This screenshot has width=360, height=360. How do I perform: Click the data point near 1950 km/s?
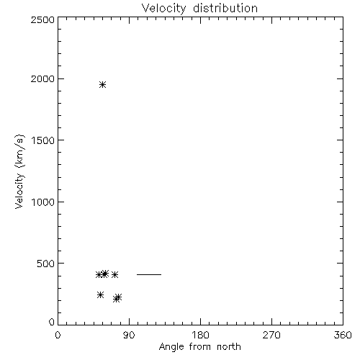[x=102, y=84]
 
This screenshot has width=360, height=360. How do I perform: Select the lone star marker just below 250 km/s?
[x=100, y=294]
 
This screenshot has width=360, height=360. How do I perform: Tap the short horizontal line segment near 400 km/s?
[x=149, y=274]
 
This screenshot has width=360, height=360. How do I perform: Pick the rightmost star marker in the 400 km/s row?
[x=114, y=274]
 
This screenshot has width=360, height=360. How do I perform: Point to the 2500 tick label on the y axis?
[x=42, y=19]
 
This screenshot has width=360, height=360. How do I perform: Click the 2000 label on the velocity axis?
[x=42, y=78]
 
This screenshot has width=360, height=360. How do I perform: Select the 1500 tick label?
[x=43, y=140]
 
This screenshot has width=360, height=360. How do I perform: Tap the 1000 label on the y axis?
[x=43, y=202]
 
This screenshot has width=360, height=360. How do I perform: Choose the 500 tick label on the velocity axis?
[x=46, y=264]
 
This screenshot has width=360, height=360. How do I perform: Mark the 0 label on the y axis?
[x=52, y=322]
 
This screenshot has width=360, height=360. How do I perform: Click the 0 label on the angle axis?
[x=58, y=335]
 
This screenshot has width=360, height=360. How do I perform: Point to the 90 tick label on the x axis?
[x=129, y=335]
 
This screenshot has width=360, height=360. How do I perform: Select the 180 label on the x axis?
[x=200, y=335]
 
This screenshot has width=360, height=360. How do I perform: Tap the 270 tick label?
[x=271, y=335]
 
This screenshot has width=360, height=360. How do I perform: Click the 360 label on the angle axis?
[x=343, y=335]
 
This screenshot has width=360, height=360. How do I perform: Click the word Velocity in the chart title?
[x=163, y=9]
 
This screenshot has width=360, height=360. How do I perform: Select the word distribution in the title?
[x=225, y=8]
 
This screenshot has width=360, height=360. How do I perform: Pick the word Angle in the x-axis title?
[x=171, y=347]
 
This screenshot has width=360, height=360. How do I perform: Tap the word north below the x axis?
[x=229, y=346]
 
